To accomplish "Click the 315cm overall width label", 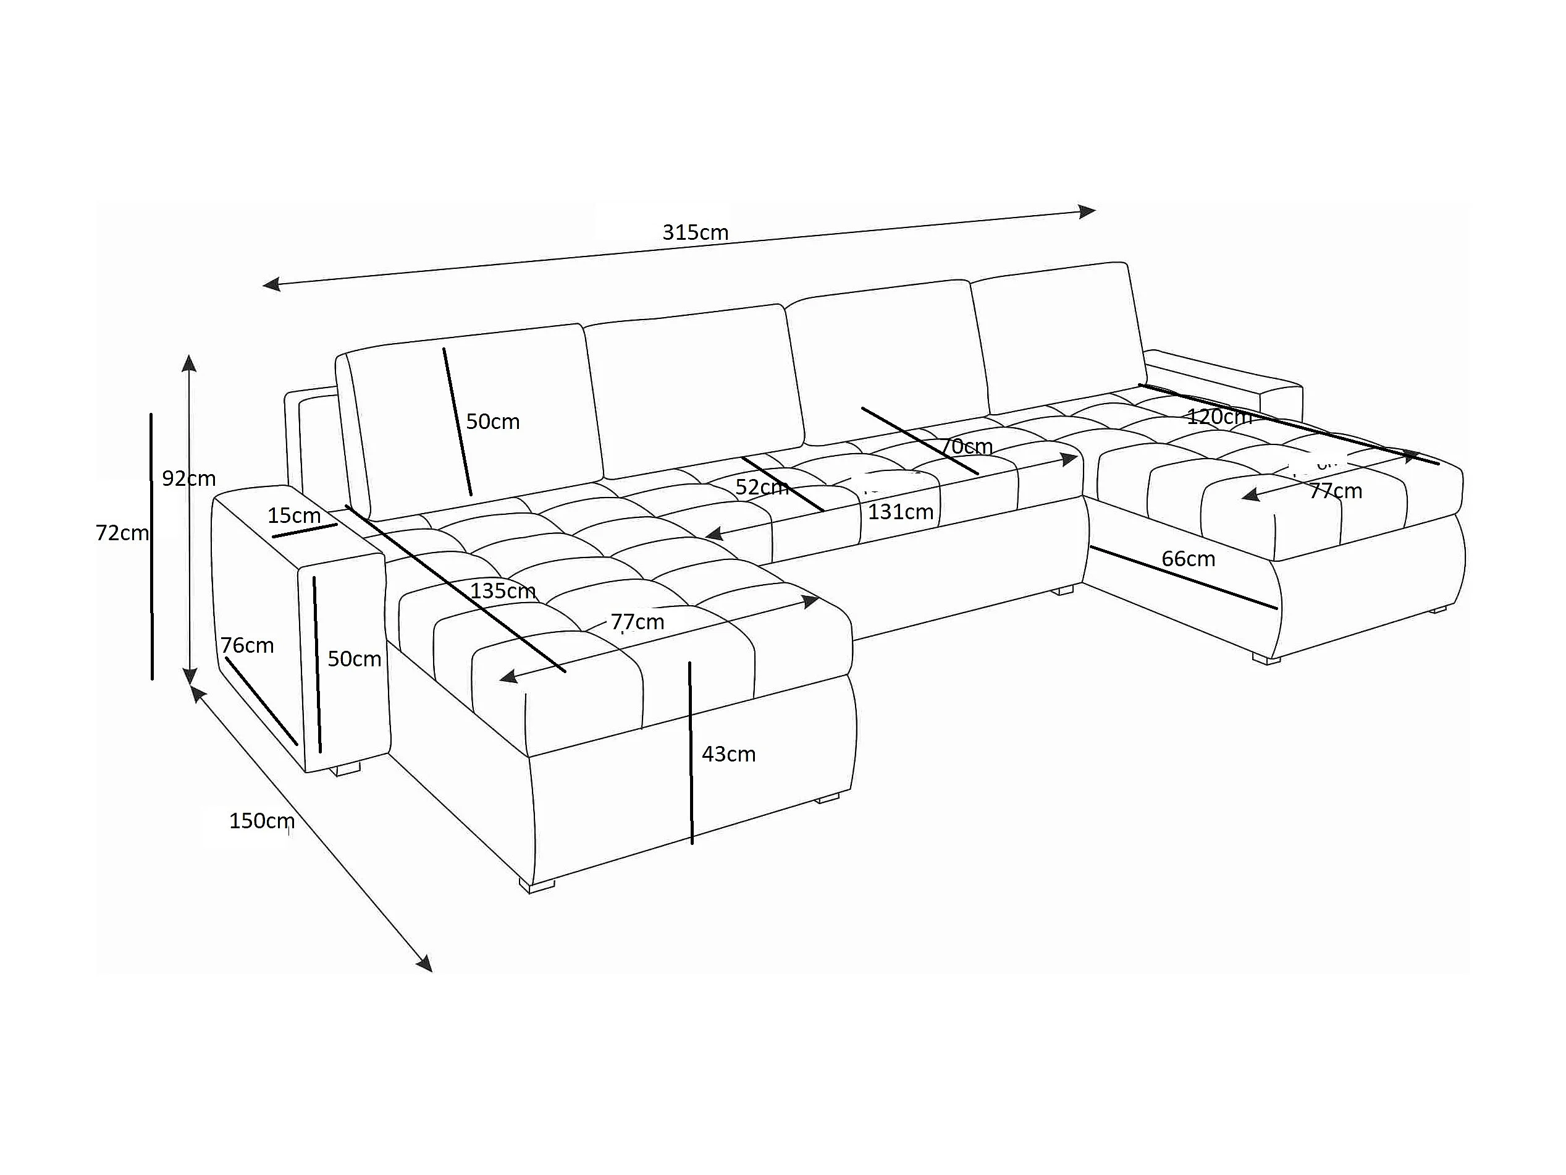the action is click(694, 232).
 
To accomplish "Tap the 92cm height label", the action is click(188, 479).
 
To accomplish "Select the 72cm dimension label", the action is click(122, 533).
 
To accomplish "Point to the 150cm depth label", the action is click(261, 821).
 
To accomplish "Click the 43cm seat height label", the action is click(728, 754).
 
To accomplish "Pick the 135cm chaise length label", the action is click(503, 591).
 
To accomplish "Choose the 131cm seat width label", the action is click(901, 511).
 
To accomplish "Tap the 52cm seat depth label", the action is click(761, 487).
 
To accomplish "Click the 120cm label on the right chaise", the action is click(1218, 417).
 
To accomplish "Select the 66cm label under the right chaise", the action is click(1188, 559).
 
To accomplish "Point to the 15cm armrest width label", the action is click(294, 515).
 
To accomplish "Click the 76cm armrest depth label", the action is click(246, 645).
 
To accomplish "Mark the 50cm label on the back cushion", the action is click(492, 422).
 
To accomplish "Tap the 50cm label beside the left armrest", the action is click(354, 660).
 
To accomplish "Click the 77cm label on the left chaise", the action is click(637, 622).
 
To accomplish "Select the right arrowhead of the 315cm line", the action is click(1087, 211).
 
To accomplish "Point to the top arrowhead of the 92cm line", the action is click(188, 363).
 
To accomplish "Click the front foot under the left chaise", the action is click(537, 884).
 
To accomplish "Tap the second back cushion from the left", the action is click(694, 389).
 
